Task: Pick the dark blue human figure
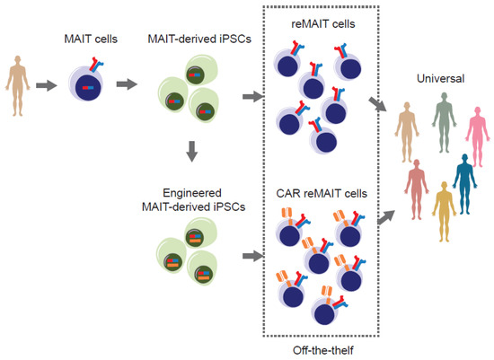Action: [x=464, y=183]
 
